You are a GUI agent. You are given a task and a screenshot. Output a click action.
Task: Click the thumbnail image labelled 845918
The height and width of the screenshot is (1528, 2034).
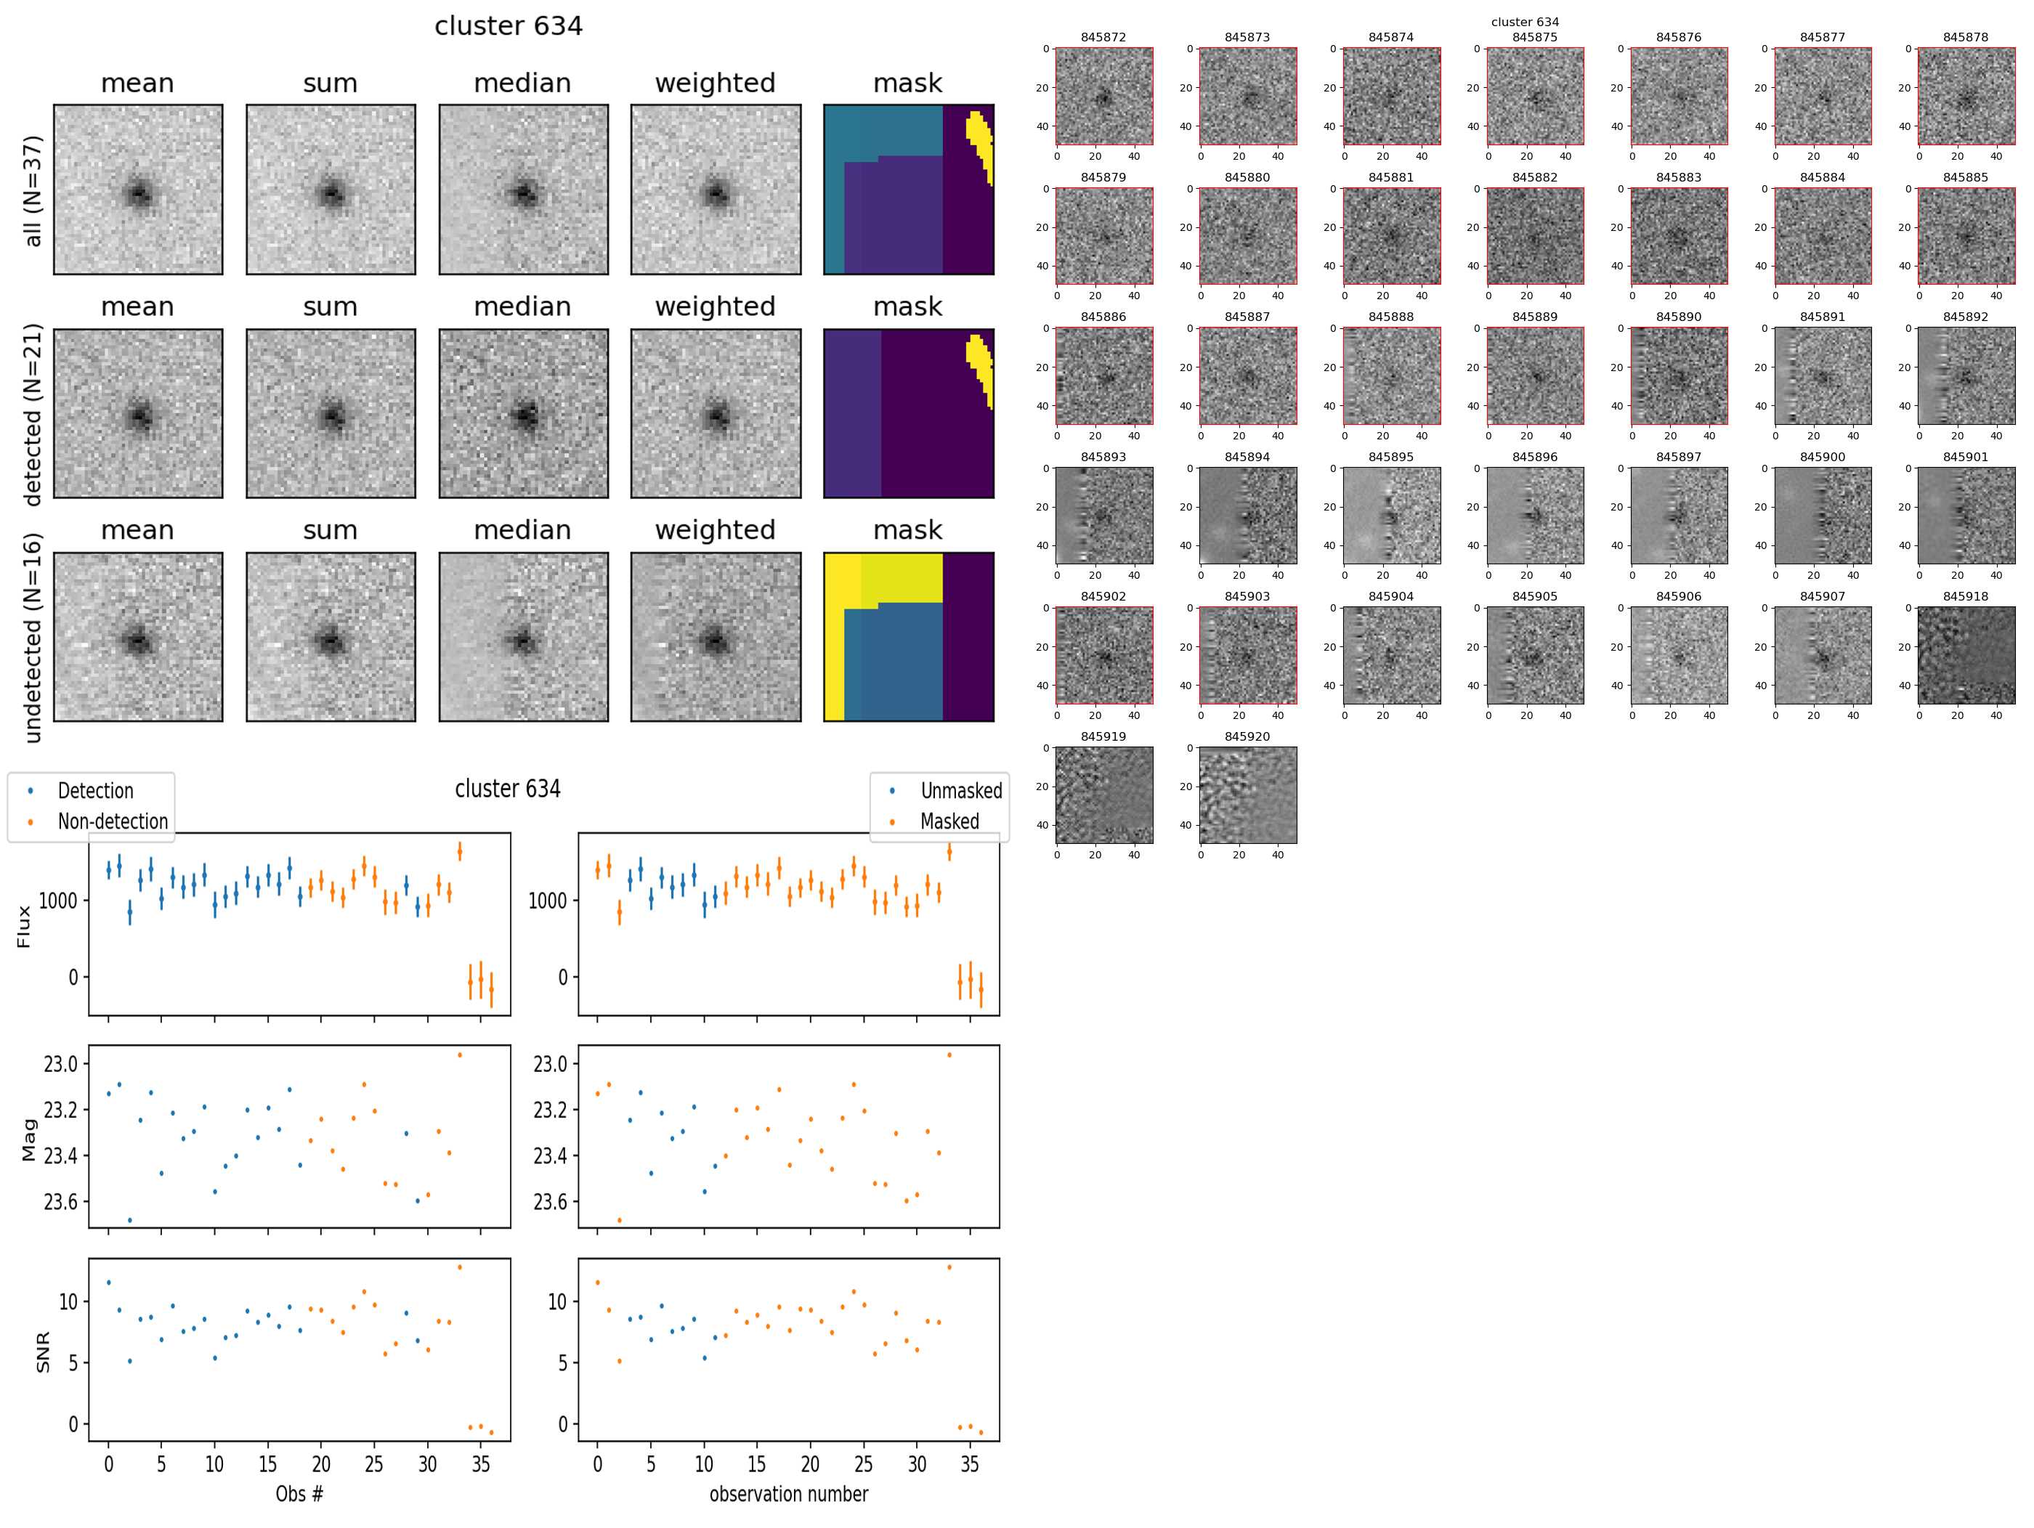1965,656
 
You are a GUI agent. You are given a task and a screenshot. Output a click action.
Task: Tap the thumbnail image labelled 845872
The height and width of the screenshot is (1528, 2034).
1103,97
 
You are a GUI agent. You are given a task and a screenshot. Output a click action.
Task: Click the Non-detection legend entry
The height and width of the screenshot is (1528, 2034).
112,821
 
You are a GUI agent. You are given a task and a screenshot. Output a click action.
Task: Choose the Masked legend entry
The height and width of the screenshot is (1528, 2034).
949,821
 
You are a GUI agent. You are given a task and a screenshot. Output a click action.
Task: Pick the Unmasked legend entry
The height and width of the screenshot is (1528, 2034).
961,791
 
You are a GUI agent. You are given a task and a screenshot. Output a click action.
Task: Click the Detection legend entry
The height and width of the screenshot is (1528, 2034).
94,791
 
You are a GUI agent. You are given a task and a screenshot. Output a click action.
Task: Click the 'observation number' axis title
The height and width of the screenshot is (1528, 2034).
788,1493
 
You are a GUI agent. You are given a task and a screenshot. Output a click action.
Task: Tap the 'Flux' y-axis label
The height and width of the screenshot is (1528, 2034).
24,926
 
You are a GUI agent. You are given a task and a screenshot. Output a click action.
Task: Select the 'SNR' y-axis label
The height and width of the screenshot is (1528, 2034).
42,1352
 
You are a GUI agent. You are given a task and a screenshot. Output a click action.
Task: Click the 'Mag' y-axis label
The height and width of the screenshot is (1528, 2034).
28,1140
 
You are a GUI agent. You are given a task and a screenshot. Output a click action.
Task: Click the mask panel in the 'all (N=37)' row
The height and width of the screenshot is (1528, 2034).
909,190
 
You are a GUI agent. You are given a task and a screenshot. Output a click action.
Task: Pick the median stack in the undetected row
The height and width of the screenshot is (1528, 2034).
523,637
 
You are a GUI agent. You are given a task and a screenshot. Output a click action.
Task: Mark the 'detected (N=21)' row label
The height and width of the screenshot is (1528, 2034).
33,414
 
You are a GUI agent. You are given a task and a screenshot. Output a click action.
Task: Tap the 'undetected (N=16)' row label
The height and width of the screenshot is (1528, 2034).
33,637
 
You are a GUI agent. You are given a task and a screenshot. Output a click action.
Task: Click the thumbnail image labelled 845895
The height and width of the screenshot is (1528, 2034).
1390,516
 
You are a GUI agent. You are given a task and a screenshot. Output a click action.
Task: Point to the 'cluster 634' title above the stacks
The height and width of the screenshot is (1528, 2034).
508,25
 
